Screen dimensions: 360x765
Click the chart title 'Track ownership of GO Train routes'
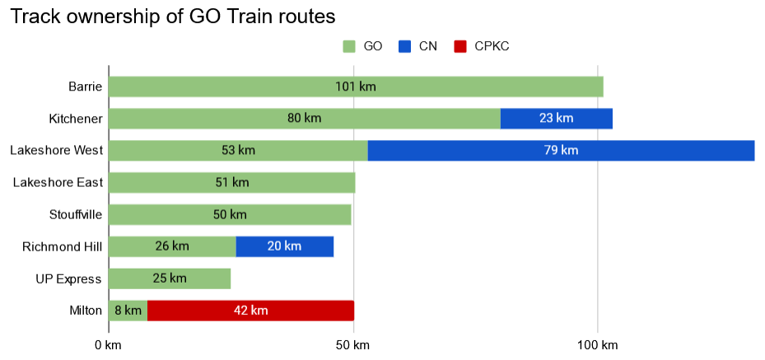(x=172, y=16)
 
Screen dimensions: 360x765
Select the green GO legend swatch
(x=348, y=46)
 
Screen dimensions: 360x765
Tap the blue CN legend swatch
(x=403, y=46)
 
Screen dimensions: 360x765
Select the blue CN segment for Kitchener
(x=556, y=119)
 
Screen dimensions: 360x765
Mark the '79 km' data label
(x=560, y=151)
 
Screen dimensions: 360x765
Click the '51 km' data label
(x=231, y=183)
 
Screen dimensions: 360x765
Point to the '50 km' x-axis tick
(x=353, y=344)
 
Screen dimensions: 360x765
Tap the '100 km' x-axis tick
(x=598, y=344)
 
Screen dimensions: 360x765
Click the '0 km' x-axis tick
(x=108, y=344)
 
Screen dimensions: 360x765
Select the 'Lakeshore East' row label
(x=58, y=183)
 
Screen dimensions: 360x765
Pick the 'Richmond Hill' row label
(x=62, y=246)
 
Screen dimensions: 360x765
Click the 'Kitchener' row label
(x=75, y=119)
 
